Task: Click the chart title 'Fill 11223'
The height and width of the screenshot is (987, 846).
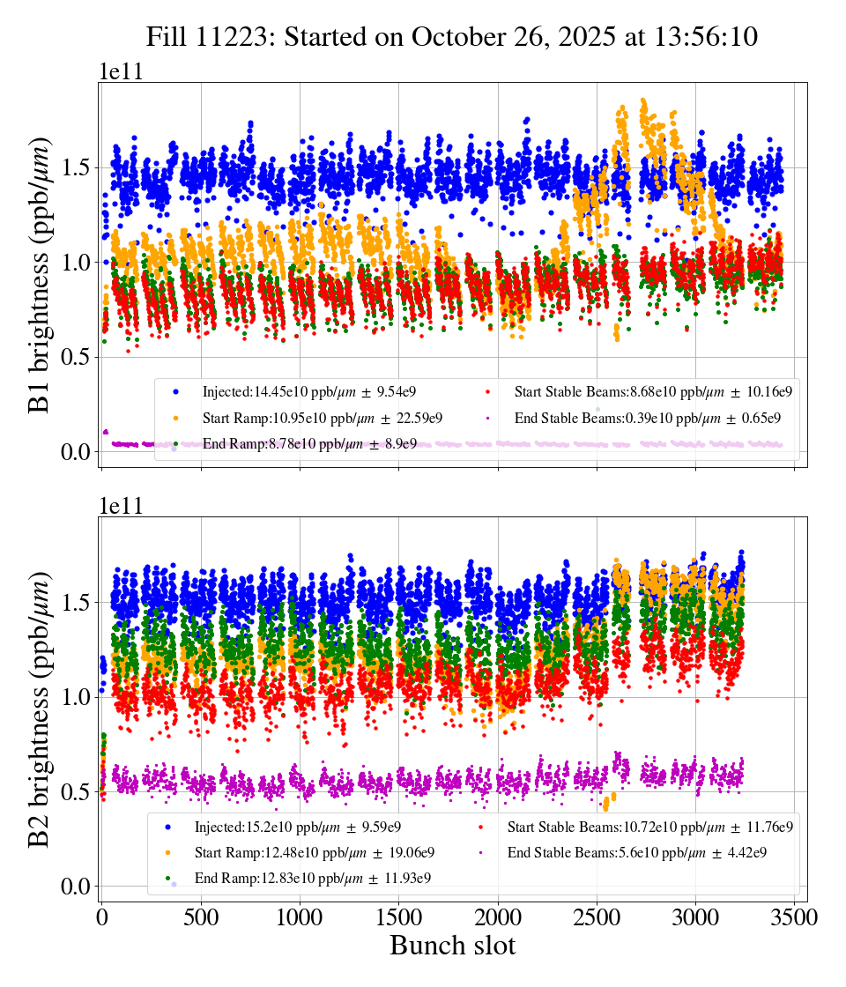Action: pos(452,36)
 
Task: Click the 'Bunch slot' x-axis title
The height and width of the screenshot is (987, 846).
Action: pos(452,946)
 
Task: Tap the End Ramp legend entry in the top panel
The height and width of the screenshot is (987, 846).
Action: pos(309,444)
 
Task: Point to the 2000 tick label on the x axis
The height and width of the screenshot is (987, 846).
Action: pos(498,916)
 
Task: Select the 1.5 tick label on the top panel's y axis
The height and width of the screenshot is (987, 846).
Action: pos(77,167)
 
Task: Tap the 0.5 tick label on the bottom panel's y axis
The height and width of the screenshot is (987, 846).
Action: pos(77,791)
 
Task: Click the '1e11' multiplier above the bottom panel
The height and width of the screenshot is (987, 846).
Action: pos(120,506)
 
